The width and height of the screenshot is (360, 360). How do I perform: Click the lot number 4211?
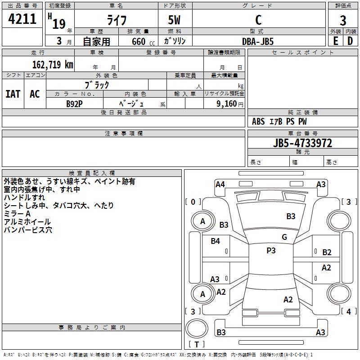[x=22, y=19]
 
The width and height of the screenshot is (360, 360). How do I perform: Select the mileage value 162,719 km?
[x=53, y=64]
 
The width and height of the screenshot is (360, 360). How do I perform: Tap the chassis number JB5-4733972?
[x=302, y=143]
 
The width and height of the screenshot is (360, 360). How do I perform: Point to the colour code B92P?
[x=74, y=104]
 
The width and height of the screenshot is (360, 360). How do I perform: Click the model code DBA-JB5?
[x=258, y=41]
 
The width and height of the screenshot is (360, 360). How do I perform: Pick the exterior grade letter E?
[x=336, y=41]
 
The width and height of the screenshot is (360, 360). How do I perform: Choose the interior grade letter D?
[x=350, y=41]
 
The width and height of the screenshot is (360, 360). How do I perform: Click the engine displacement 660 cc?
[x=143, y=42]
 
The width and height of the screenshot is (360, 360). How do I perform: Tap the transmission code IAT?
[x=13, y=94]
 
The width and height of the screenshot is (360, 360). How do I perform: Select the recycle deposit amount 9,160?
[x=227, y=104]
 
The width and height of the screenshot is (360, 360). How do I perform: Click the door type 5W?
[x=174, y=20]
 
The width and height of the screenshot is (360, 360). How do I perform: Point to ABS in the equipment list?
[x=258, y=121]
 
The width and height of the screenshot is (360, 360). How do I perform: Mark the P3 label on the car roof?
[x=271, y=250]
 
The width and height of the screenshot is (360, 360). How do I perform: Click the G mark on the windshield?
[x=284, y=237]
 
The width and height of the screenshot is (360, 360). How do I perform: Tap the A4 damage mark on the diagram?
[x=220, y=184]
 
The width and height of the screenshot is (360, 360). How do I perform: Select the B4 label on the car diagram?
[x=216, y=241]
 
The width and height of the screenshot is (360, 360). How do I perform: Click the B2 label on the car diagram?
[x=327, y=252]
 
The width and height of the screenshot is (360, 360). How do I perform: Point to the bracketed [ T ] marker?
[x=197, y=344]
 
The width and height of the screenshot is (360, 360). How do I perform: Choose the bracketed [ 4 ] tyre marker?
[x=349, y=311]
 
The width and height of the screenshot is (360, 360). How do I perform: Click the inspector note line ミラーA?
[x=17, y=214]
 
